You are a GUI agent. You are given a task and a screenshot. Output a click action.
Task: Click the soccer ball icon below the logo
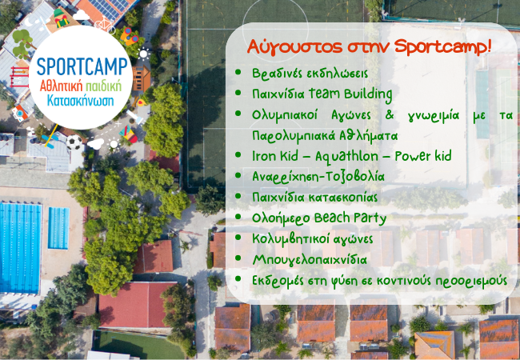[x=74, y=142]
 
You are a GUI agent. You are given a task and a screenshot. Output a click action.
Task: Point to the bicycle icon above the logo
[x=102, y=23]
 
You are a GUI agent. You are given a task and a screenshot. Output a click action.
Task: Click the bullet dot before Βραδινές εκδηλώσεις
[x=238, y=72]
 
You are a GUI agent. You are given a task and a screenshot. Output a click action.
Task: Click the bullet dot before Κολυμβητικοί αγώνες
[x=238, y=238]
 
